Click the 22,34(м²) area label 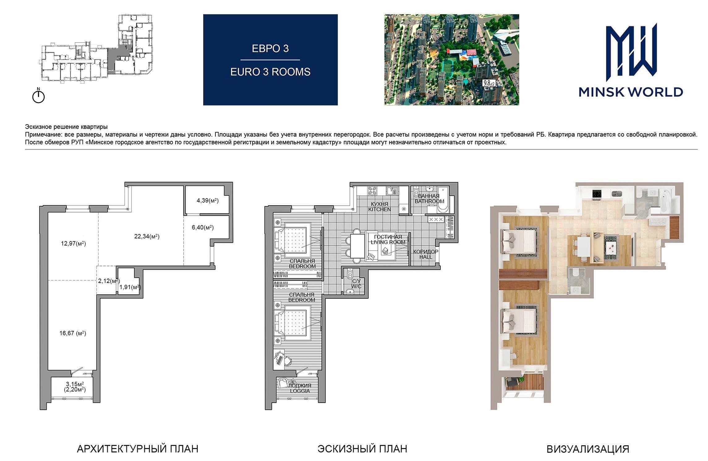147,236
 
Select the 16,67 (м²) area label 73,333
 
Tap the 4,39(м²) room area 208,200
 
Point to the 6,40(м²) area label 203,227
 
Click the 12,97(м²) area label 73,243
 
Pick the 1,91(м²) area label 130,287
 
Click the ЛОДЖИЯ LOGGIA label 300,388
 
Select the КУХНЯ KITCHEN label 380,207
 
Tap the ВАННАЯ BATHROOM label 429,199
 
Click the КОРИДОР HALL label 426,254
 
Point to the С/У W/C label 356,284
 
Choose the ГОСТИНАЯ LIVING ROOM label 388,239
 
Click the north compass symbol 39,96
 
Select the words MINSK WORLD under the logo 631,92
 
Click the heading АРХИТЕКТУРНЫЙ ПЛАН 138,449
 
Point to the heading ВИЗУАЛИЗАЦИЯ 588,449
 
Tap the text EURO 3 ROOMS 270,72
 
